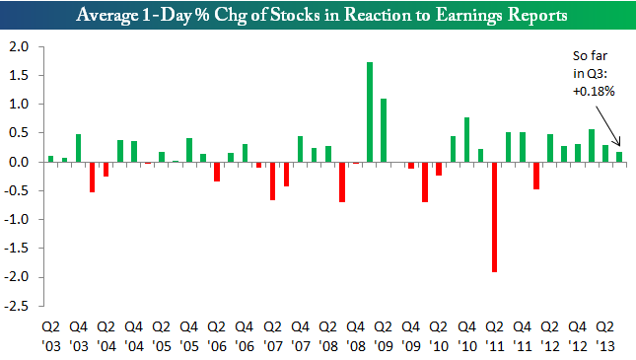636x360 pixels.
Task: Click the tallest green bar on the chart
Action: pyautogui.click(x=370, y=112)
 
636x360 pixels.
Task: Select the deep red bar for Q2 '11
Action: pyautogui.click(x=494, y=217)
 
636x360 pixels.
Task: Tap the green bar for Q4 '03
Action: pyautogui.click(x=78, y=148)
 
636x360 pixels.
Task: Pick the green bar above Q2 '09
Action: pyautogui.click(x=384, y=130)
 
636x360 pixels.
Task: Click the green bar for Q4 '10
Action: pyautogui.click(x=466, y=140)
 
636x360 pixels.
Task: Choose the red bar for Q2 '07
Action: pyautogui.click(x=272, y=181)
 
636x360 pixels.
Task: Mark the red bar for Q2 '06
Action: pyautogui.click(x=217, y=172)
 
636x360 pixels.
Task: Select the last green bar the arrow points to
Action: pyautogui.click(x=619, y=157)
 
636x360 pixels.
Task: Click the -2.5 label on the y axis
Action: pyautogui.click(x=17, y=306)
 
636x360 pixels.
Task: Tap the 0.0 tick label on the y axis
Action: pyautogui.click(x=19, y=162)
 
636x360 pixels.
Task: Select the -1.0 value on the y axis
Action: pyautogui.click(x=17, y=219)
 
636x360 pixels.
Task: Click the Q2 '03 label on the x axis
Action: pyautogui.click(x=51, y=336)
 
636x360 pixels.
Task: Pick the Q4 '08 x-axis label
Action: pyautogui.click(x=356, y=336)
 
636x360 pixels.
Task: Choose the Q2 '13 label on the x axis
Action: pyautogui.click(x=605, y=336)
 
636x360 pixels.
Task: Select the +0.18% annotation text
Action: pyautogui.click(x=594, y=92)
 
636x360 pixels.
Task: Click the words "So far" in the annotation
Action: pyautogui.click(x=591, y=55)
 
